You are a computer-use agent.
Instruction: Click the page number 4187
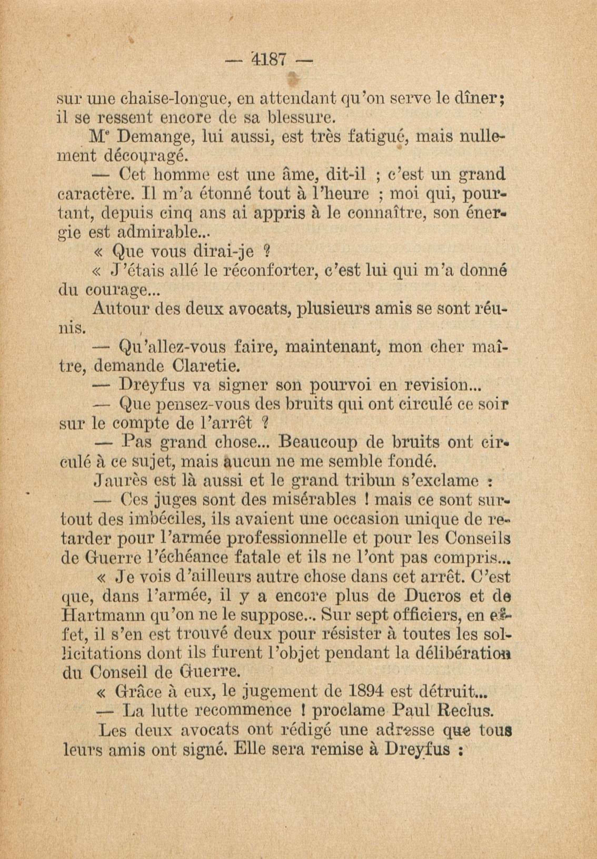click(270, 59)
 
